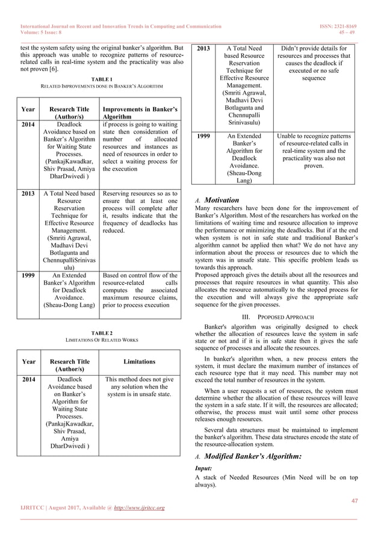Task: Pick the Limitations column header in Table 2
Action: (140, 362)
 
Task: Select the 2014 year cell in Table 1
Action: (28, 125)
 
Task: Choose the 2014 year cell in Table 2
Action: (28, 380)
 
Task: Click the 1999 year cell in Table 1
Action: (28, 276)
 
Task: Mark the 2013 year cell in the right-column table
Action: (202, 48)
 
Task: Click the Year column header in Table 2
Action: (28, 362)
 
